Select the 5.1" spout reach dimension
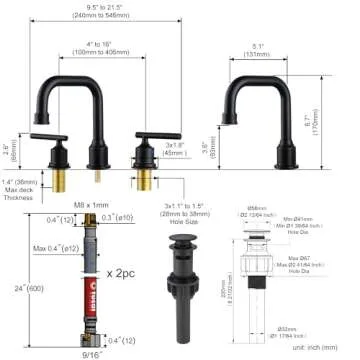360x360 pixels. [259, 47]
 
